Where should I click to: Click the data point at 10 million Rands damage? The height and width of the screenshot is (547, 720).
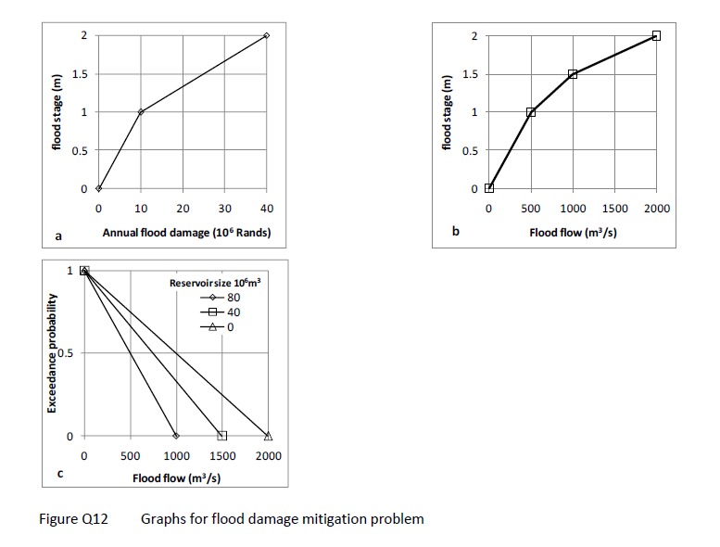[x=141, y=112]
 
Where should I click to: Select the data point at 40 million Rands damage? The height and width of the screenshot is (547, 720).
[x=266, y=35]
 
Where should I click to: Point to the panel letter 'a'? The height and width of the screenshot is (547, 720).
[x=59, y=237]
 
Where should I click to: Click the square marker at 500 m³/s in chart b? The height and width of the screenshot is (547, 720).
[x=531, y=112]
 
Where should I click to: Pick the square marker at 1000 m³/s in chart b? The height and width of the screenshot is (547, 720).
[x=573, y=74]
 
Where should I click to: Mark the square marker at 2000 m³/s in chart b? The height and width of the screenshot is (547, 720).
[x=656, y=35]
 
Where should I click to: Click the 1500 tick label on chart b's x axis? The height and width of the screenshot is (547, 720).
[x=614, y=209]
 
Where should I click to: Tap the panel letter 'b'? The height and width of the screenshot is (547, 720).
[x=455, y=232]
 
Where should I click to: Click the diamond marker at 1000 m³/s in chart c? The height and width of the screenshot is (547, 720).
[x=176, y=436]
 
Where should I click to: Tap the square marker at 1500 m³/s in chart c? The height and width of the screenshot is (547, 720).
[x=222, y=436]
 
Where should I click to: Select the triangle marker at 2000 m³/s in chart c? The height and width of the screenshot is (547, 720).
[x=269, y=436]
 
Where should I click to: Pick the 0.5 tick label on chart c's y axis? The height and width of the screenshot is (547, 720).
[x=66, y=353]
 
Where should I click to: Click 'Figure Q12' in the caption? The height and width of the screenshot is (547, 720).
[x=73, y=519]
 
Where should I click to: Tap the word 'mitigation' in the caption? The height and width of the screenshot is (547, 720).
[x=344, y=519]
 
